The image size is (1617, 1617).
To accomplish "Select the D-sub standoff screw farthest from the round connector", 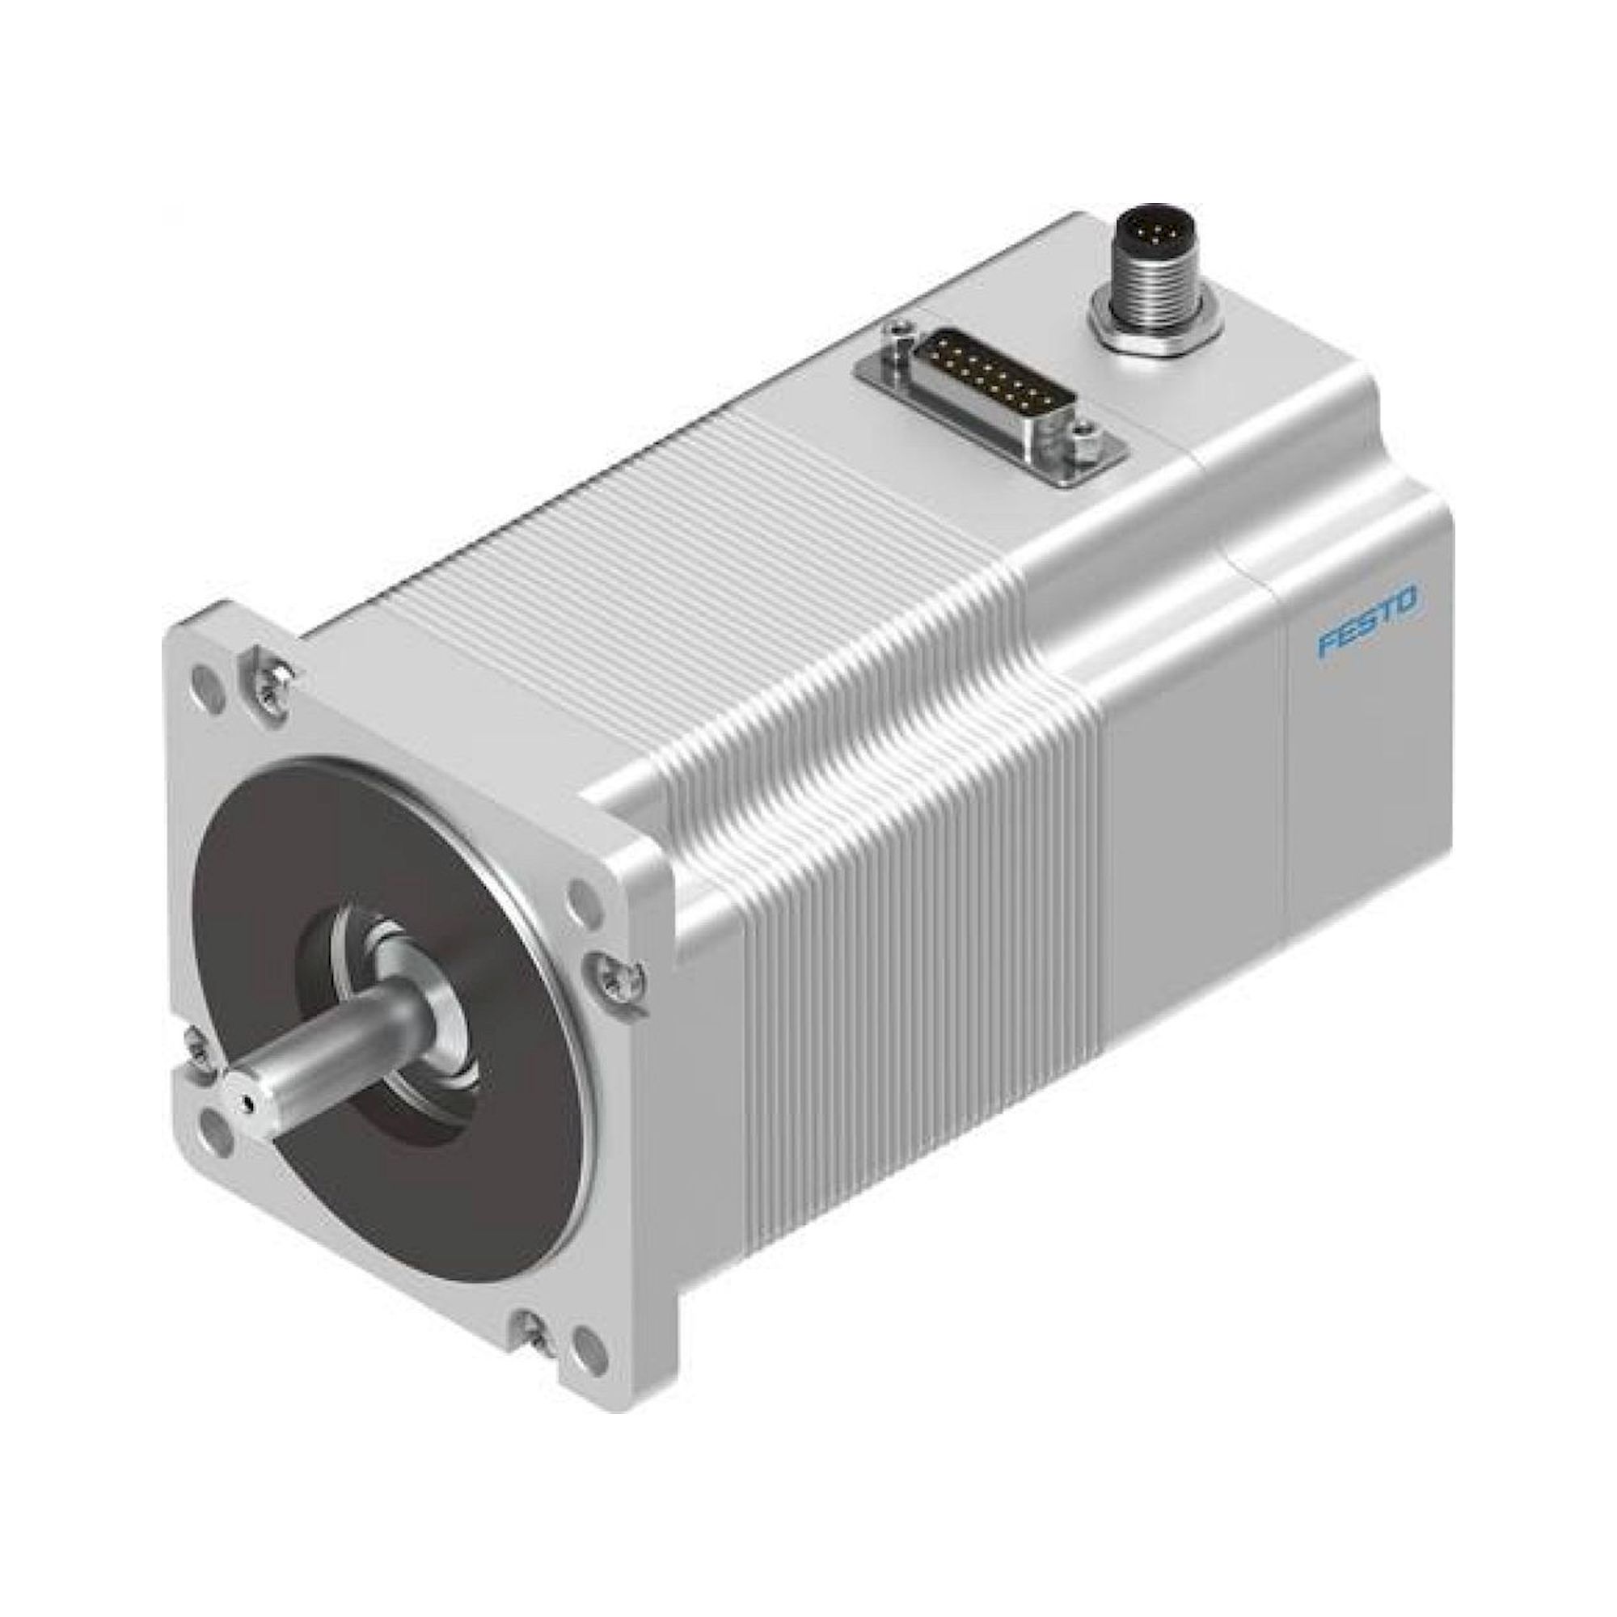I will pos(900,334).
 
